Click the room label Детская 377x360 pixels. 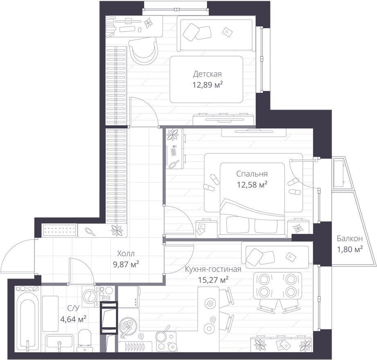(x=207, y=74)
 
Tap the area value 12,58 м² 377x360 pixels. (x=252, y=184)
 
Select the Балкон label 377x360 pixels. (x=349, y=239)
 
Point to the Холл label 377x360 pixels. (x=126, y=253)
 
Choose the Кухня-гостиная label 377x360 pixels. (x=213, y=269)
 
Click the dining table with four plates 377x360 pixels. (x=278, y=286)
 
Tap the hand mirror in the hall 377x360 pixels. (x=90, y=231)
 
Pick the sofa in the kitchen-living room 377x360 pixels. (x=275, y=256)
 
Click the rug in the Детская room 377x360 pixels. (x=206, y=79)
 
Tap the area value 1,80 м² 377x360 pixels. (x=350, y=250)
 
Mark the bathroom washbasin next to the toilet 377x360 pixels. (x=59, y=342)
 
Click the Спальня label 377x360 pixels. (x=252, y=173)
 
